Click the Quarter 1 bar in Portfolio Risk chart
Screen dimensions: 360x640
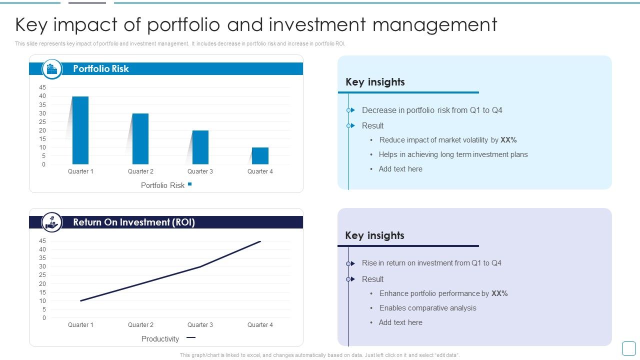(80, 130)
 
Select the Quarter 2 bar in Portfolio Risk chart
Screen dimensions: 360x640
(140, 139)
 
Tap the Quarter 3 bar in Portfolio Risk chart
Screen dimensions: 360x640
(200, 147)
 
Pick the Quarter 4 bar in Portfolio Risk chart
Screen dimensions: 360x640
(260, 156)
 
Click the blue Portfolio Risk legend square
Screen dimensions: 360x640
(189, 184)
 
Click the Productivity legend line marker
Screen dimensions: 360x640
(190, 338)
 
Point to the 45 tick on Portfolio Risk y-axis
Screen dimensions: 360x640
(42, 87)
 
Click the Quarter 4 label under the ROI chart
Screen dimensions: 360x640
(260, 325)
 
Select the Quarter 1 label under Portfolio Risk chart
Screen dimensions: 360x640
(80, 171)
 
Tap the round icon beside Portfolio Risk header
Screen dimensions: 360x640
(52, 69)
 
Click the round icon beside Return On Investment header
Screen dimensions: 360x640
(52, 222)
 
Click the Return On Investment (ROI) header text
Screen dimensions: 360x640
(134, 222)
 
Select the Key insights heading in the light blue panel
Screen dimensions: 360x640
(375, 82)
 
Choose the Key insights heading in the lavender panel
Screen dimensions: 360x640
(374, 235)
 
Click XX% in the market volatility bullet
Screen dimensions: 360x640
(508, 140)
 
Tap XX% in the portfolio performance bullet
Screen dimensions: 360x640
(499, 293)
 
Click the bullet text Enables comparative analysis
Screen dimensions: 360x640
(427, 308)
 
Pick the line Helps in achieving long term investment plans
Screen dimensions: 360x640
(453, 154)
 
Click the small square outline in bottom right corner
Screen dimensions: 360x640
(628, 348)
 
